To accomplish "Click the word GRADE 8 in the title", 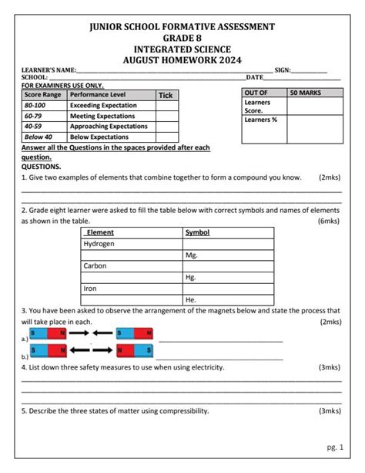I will [182, 38].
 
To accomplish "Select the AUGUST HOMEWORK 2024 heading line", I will [182, 59].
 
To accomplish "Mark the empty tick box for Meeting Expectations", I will [166, 116].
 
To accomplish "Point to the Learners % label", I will [258, 121].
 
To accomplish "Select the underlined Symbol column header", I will [197, 232].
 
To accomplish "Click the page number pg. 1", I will [334, 447].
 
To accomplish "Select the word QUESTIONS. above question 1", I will [41, 166].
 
